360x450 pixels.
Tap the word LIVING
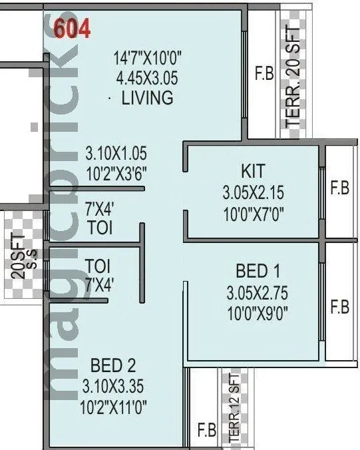point(147,98)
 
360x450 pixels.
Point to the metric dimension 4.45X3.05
point(145,78)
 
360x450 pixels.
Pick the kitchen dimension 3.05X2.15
point(253,193)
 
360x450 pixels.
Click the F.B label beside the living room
point(264,74)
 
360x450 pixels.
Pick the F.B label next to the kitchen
point(339,189)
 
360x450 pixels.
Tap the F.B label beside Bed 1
point(339,308)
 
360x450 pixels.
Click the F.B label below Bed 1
point(206,430)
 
